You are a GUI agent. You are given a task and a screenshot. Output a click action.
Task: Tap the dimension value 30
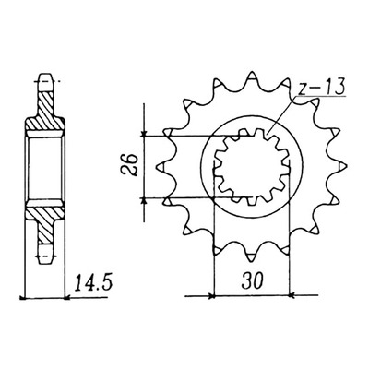point(252,281)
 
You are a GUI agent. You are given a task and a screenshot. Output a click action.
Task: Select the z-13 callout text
point(321,87)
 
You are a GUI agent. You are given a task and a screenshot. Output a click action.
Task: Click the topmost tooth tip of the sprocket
point(252,73)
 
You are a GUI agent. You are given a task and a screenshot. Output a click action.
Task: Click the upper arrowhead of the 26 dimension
point(144,134)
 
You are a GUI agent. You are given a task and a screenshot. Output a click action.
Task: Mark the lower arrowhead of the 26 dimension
point(144,200)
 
